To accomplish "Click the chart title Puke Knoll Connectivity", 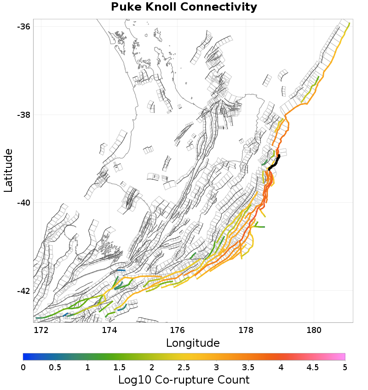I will tap(184, 7).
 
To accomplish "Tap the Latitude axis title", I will tap(8, 170).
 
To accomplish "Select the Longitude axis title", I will tap(193, 343).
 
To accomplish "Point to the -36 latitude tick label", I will tap(23, 26).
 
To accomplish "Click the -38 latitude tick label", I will tap(23, 115).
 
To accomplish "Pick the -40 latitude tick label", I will tap(23, 203).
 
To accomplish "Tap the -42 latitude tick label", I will tap(23, 291).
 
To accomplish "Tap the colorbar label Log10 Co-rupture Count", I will tap(184, 380).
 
